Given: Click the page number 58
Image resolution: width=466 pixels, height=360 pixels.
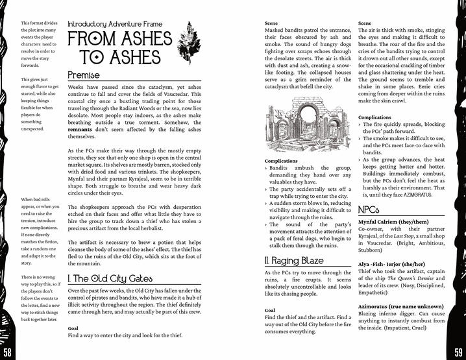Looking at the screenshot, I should [x=9, y=351].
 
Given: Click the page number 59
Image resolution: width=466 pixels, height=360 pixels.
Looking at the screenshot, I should [x=456, y=351].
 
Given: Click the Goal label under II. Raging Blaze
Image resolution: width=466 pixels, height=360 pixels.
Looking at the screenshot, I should [x=271, y=310].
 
